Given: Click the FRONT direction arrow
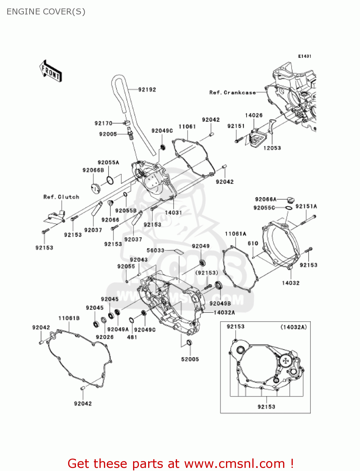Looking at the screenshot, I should coord(51,72).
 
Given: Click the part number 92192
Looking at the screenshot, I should coord(147,90).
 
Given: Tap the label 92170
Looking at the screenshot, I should coord(103,123).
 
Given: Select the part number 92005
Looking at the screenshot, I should coord(108,134).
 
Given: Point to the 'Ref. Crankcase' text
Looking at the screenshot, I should coord(232,93).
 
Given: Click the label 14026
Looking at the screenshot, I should coord(254,115).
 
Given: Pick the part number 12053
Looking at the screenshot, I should coord(272,148).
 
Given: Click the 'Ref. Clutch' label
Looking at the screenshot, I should coord(61,197).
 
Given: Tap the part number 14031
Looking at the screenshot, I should coord(174,213).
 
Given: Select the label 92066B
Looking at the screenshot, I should coord(93,170).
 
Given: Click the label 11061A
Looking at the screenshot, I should coord(235,234).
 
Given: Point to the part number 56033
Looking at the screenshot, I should coord(155,250).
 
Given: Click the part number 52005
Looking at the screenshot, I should coord(190,359).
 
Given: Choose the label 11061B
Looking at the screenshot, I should coord(69,318).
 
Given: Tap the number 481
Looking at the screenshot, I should coord(132,337).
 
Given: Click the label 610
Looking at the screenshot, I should coord(253,243).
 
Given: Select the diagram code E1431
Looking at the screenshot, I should coord(304,56).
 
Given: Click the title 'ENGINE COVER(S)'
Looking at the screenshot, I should coord(46,12).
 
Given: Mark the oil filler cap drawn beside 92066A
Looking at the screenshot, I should coord(290,199).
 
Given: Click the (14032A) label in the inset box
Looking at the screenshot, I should coord(293,327).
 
